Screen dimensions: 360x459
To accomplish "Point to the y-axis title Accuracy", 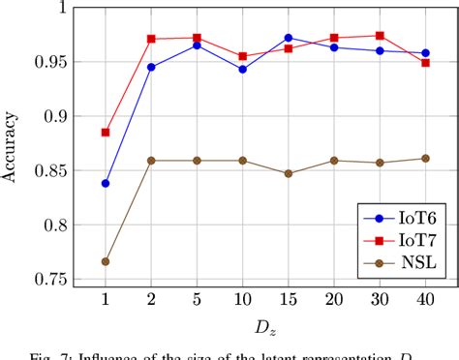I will click(14, 145).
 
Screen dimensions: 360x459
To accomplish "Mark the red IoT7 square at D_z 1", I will click(106, 133).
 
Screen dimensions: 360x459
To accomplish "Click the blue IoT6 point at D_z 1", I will click(106, 183).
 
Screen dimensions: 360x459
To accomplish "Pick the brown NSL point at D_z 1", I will click(106, 261).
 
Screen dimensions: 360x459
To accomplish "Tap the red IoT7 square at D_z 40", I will click(424, 63).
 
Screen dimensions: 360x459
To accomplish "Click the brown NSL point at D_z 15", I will click(288, 174).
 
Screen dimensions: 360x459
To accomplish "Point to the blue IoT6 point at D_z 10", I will click(242, 70).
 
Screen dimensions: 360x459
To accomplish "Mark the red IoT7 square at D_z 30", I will click(379, 36).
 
